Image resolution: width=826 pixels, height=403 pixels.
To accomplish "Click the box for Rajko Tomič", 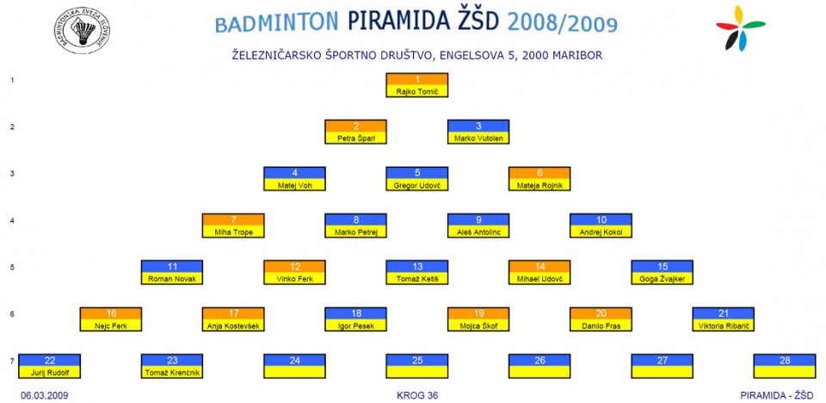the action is pyautogui.click(x=416, y=85).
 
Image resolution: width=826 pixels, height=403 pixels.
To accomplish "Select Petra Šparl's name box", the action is pyautogui.click(x=355, y=132).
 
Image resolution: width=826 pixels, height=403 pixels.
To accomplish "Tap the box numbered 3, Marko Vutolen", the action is pyautogui.click(x=478, y=132).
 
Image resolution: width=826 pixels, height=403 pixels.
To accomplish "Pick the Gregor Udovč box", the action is pyautogui.click(x=416, y=178).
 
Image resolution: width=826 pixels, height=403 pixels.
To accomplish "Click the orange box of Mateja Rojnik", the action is pyautogui.click(x=539, y=178).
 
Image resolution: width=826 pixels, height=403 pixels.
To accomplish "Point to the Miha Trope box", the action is pyautogui.click(x=233, y=226).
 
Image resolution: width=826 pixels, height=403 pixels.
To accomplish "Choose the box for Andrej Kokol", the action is pyautogui.click(x=601, y=226).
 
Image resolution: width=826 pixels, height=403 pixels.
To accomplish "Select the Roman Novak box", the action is pyautogui.click(x=172, y=272).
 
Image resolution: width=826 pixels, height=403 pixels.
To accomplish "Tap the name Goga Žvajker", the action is pyautogui.click(x=663, y=279).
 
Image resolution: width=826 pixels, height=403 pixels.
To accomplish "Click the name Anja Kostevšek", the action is pyautogui.click(x=233, y=326).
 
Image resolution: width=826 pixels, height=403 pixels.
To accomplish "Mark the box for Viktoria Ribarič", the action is pyautogui.click(x=724, y=319).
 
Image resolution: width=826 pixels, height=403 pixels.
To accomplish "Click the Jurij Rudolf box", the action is pyautogui.click(x=49, y=366).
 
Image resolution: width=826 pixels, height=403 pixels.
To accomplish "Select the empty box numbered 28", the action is pyautogui.click(x=785, y=366).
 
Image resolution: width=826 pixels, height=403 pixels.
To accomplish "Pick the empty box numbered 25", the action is pyautogui.click(x=416, y=366).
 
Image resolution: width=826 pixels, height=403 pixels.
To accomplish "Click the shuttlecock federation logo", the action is pyautogui.click(x=82, y=30).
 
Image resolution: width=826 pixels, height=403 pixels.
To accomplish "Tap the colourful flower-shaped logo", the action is pyautogui.click(x=740, y=28).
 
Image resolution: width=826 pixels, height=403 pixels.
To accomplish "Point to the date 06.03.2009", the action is pyautogui.click(x=44, y=395).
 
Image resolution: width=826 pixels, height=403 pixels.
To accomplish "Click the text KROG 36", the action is pyautogui.click(x=417, y=395).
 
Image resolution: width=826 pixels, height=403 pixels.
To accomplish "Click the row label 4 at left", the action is pyautogui.click(x=11, y=220).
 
